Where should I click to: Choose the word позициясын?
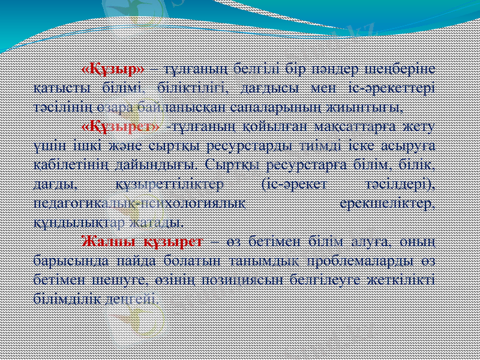(259, 280)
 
